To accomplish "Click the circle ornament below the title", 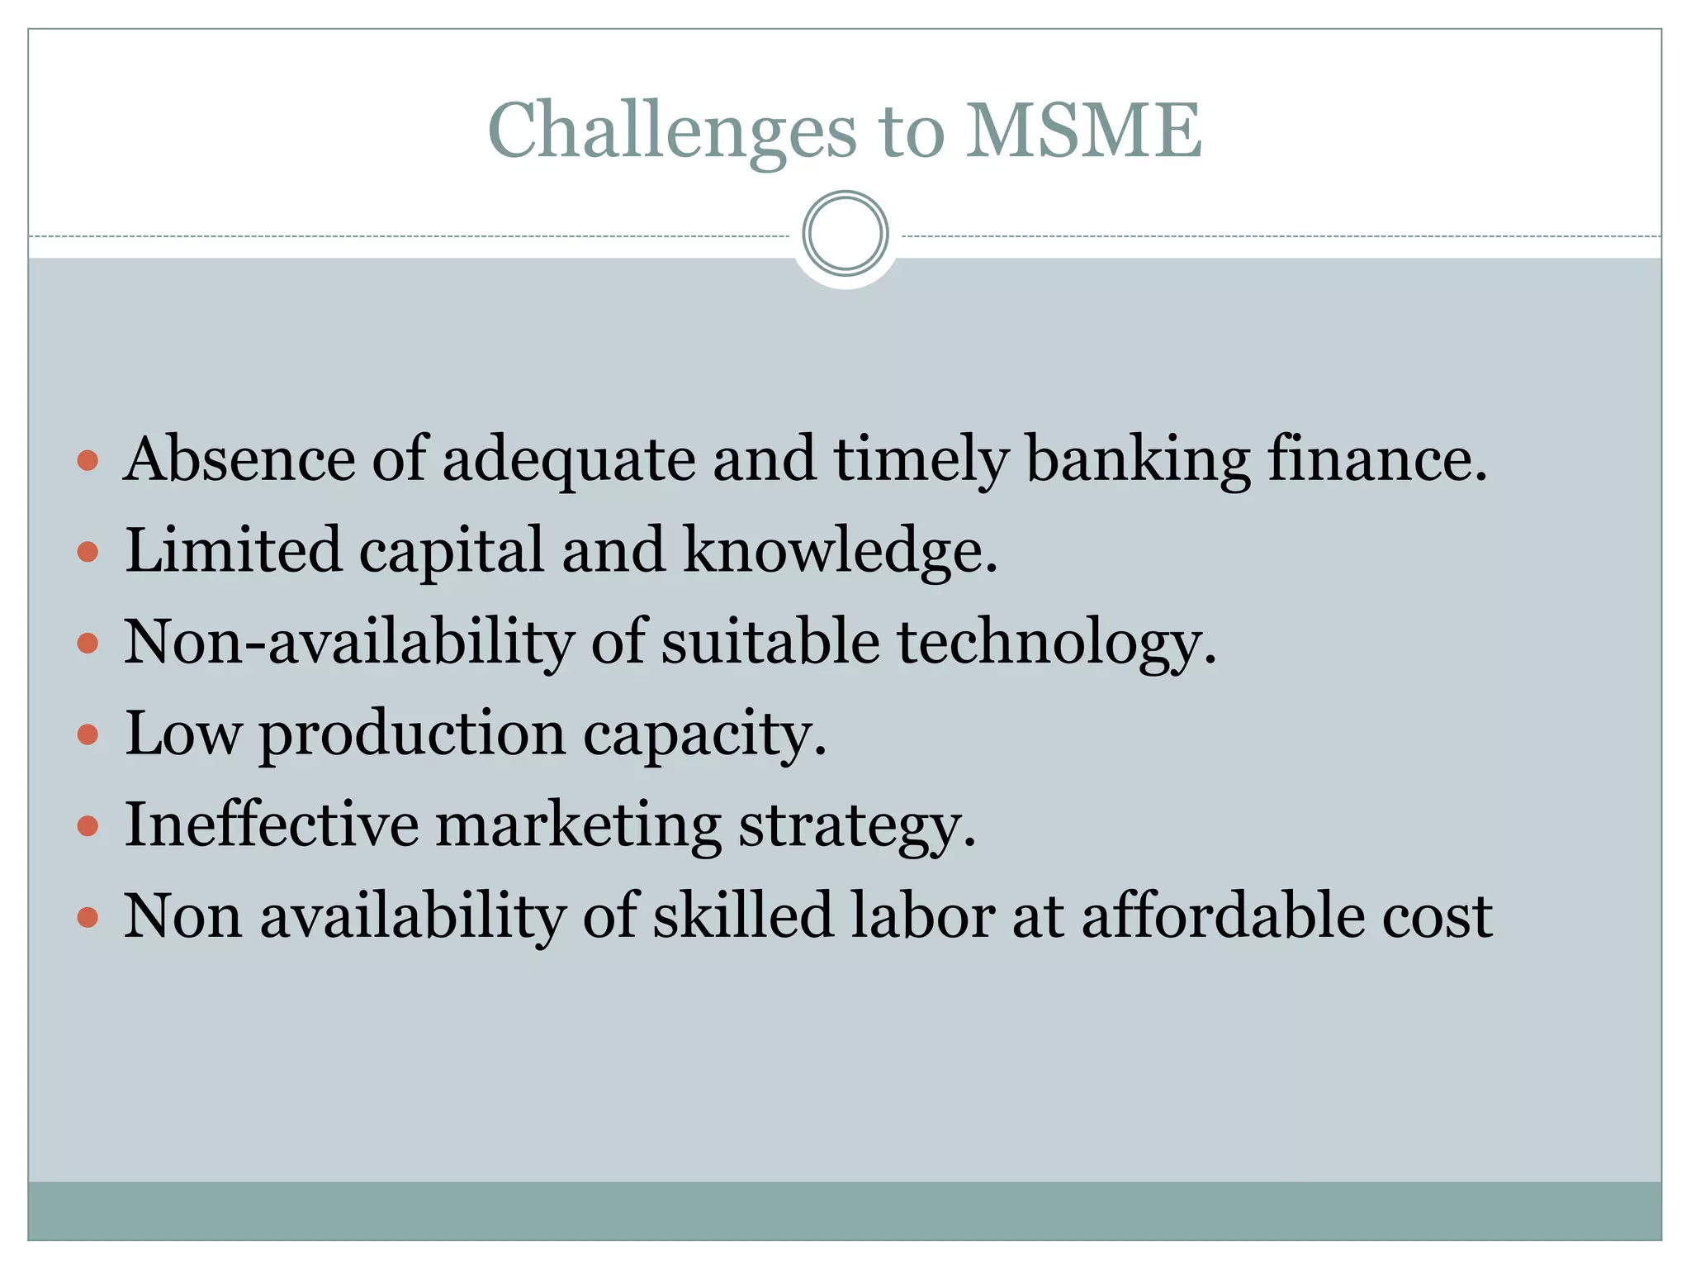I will (845, 234).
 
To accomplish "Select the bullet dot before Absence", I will (88, 461).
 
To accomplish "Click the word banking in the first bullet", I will (1137, 459).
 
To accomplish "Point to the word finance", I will (1376, 459).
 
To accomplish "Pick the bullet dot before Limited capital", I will (88, 552).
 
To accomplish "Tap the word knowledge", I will (840, 550).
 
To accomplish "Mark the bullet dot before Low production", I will (88, 734).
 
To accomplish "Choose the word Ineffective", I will (272, 825).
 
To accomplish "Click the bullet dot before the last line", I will (88, 917).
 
